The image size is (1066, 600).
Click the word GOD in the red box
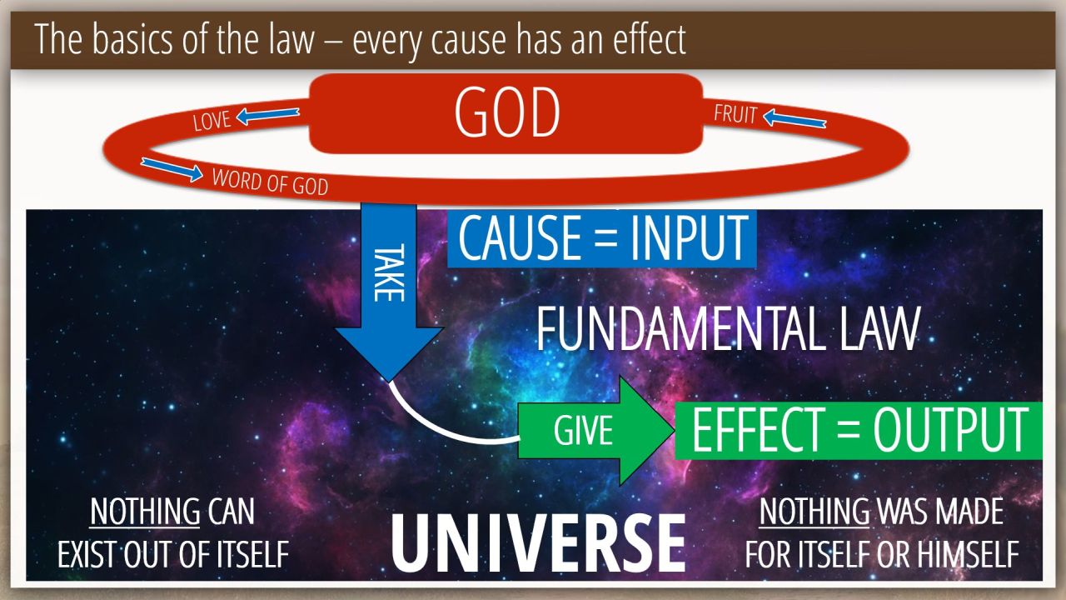click(507, 112)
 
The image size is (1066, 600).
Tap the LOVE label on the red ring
click(212, 121)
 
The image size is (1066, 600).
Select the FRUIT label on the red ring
click(735, 114)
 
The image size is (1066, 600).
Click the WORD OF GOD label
click(270, 182)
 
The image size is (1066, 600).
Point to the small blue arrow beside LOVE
click(268, 116)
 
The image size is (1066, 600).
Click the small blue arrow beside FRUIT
click(795, 118)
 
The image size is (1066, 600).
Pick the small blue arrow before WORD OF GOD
click(172, 169)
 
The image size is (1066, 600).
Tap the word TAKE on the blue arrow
click(389, 272)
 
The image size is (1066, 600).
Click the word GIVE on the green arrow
click(583, 431)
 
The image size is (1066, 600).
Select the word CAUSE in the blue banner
click(520, 237)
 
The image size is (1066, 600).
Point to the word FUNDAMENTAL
click(680, 329)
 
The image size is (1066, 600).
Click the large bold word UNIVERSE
click(538, 543)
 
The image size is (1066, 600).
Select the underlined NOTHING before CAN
click(145, 512)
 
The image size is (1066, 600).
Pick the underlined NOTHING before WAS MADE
click(814, 512)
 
